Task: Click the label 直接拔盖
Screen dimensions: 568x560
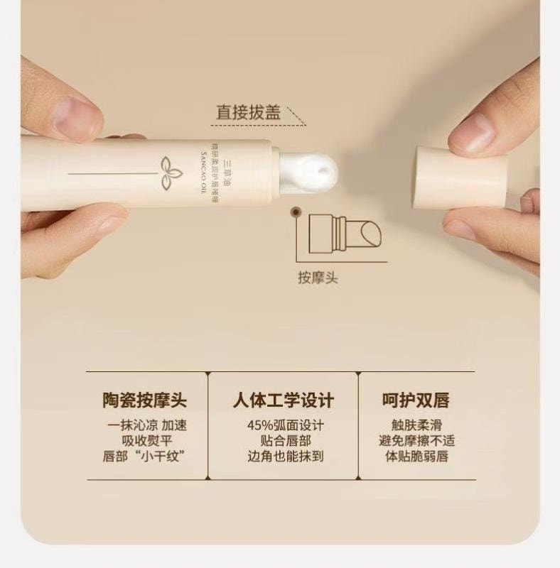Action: coord(248,113)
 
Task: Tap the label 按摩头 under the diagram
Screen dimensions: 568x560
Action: coord(317,278)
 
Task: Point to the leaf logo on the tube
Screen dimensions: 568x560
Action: coord(171,170)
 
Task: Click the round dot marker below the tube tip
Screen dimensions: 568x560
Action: coord(294,211)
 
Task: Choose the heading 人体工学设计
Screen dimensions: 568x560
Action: coord(283,400)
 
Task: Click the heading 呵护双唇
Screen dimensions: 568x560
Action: coord(416,400)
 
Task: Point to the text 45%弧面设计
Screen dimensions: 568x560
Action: coord(285,426)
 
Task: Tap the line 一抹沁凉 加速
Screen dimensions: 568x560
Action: coord(147,426)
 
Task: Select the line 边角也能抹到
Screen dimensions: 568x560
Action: coord(285,457)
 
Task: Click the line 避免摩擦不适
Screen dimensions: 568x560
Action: coord(416,441)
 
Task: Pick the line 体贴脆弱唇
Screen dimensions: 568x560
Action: coord(416,457)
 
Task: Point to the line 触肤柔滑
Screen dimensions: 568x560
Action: coord(416,426)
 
